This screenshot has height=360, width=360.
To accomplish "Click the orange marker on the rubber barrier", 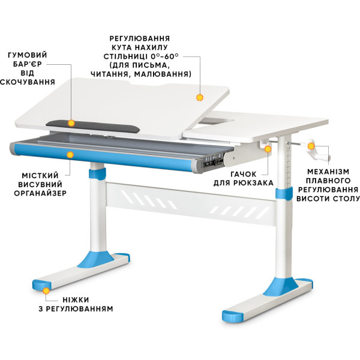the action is tap(71, 123).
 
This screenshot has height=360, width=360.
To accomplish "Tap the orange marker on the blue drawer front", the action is tap(70, 155).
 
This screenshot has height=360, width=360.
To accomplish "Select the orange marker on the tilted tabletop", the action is tap(200, 98).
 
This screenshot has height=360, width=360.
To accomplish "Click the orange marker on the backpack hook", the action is tap(268, 149).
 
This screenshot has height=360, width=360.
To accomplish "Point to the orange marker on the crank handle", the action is tap(311, 146).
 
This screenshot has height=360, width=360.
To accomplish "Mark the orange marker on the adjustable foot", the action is tap(46, 291).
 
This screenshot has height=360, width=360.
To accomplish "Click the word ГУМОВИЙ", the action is tap(28, 55).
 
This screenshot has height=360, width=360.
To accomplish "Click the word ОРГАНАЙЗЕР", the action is tap(40, 193).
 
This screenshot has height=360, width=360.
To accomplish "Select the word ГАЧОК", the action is tap(244, 174).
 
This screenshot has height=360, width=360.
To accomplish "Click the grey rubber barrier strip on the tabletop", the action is tap(93, 126).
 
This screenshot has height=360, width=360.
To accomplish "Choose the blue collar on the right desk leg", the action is tap(284, 193).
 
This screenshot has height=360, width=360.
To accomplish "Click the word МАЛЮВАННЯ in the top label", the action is tap(163, 74).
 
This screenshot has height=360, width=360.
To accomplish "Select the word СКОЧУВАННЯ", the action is tap(28, 82).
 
